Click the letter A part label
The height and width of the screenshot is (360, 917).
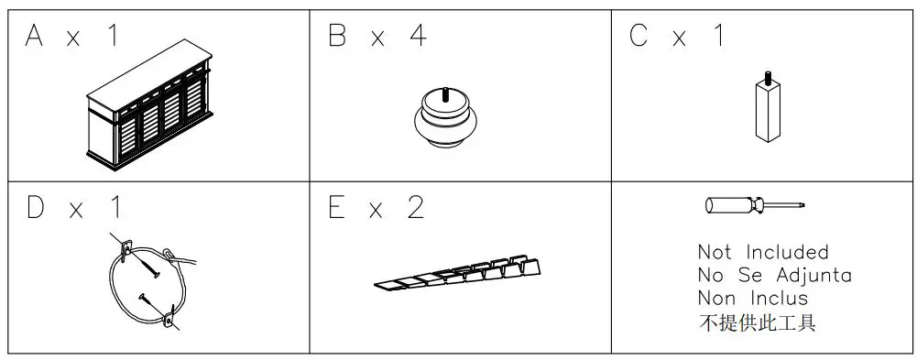pyautogui.click(x=36, y=37)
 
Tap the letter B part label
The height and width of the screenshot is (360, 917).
pyautogui.click(x=338, y=37)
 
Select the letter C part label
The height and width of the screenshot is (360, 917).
pyautogui.click(x=640, y=37)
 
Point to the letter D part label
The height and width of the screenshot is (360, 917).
pyautogui.click(x=36, y=208)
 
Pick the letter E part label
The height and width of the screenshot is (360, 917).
pyautogui.click(x=338, y=208)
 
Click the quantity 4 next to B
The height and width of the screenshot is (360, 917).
pyautogui.click(x=417, y=37)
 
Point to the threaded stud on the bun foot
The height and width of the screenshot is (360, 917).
pyautogui.click(x=445, y=92)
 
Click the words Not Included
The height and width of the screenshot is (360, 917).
pyautogui.click(x=762, y=252)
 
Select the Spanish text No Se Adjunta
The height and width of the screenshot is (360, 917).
pyautogui.click(x=774, y=275)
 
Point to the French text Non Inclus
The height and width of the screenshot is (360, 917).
pyautogui.click(x=753, y=298)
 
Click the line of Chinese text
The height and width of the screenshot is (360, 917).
pyautogui.click(x=757, y=322)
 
